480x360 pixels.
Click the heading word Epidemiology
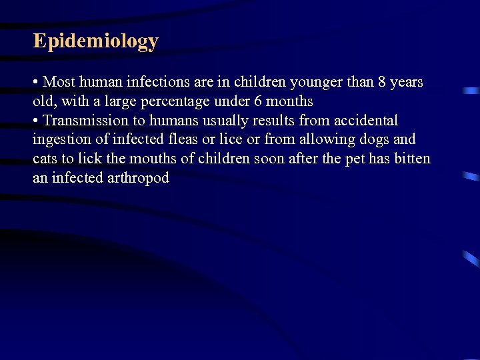(x=96, y=42)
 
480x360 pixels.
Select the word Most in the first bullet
(x=59, y=82)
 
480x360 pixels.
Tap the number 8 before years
(x=382, y=82)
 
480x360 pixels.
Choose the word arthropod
(x=138, y=178)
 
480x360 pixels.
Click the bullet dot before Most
(x=35, y=83)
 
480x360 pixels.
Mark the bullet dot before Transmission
(x=35, y=121)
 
